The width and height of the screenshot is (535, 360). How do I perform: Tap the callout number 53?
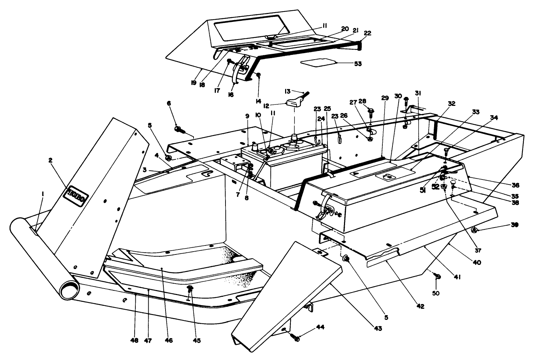click(x=357, y=64)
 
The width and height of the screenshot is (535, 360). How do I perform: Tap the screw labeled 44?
click(x=295, y=338)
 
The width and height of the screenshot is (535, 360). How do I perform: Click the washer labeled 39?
click(x=474, y=230)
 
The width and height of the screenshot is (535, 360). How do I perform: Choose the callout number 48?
click(x=136, y=340)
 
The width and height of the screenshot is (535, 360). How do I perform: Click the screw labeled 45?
click(x=190, y=289)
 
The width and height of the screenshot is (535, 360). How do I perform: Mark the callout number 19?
click(x=194, y=83)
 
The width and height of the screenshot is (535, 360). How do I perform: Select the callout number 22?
click(x=367, y=33)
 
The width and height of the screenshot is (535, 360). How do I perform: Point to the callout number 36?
click(x=516, y=185)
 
